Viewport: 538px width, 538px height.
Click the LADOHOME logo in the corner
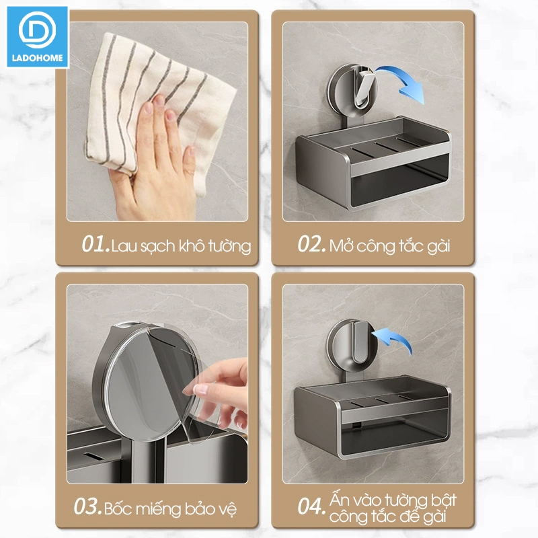38,37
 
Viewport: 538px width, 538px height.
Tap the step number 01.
95,244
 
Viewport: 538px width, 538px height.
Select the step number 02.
311,244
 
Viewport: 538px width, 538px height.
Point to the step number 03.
87,506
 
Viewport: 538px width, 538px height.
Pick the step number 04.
311,506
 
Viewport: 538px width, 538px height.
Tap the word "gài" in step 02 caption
438,246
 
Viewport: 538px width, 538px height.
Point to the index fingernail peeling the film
200,389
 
